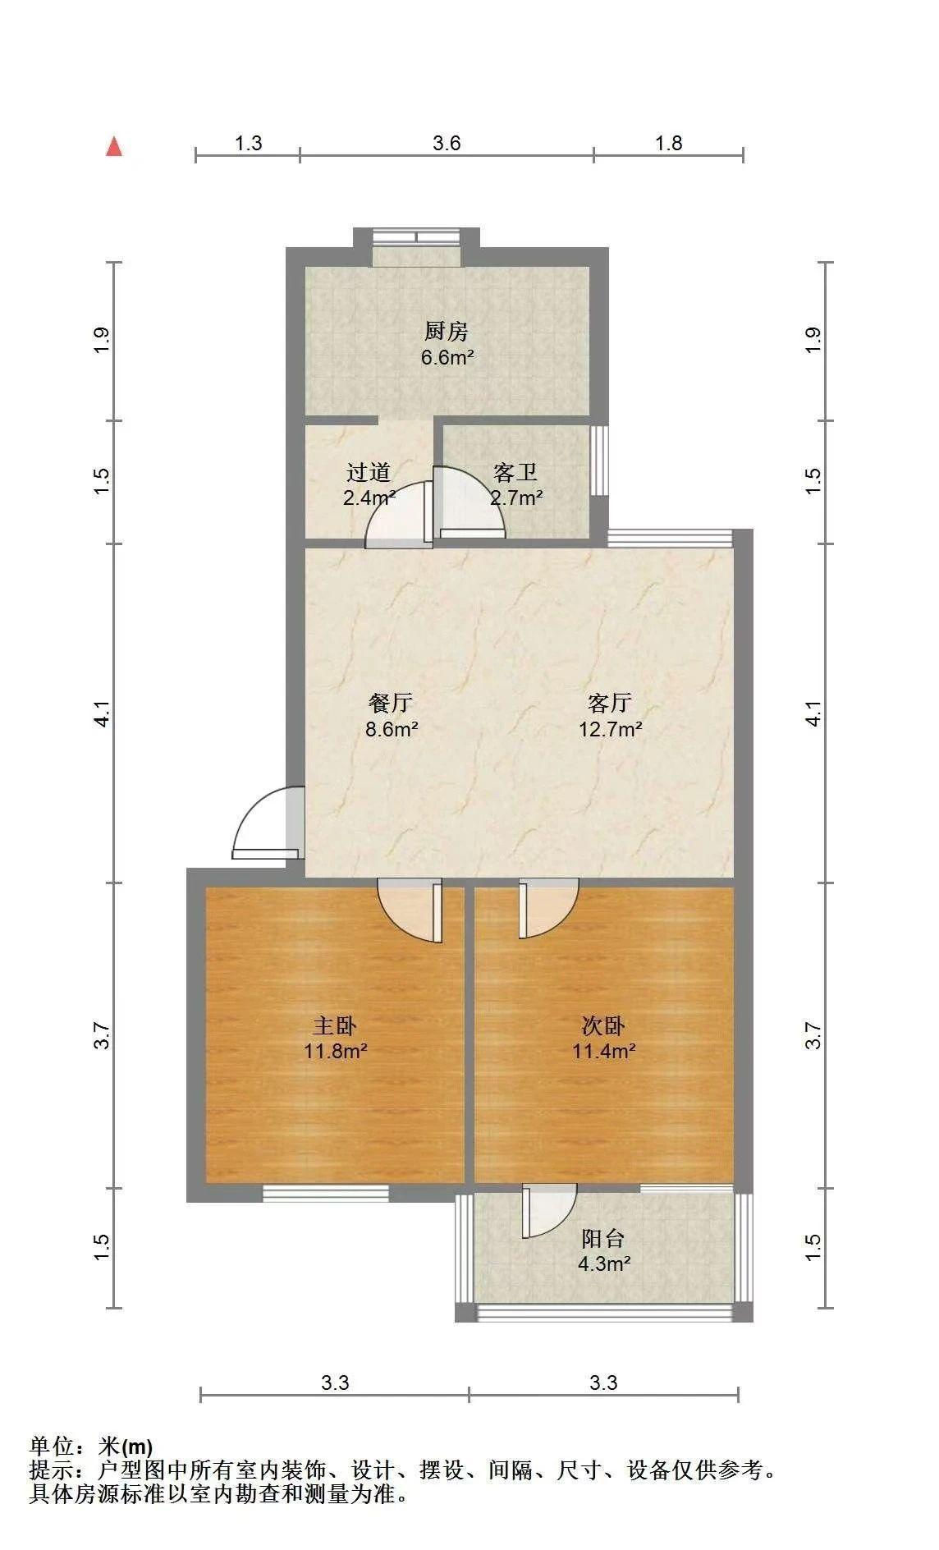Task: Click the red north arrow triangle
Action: pos(114,147)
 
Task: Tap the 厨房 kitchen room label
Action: pos(446,332)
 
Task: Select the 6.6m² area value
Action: pos(447,357)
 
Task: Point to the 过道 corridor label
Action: pos(368,472)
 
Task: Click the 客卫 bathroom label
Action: pos(515,472)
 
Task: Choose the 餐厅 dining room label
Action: pos(391,703)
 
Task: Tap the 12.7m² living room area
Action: pos(610,729)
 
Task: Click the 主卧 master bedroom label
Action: pos(335,1025)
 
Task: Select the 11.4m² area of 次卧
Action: pos(604,1051)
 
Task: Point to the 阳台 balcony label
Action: pos(603,1238)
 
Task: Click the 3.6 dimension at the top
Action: pos(447,143)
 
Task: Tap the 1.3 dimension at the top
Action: pos(248,143)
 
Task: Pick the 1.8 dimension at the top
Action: pos(668,143)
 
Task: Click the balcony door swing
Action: pos(549,1210)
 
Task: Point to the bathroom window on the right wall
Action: pos(600,460)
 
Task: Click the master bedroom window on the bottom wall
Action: pos(325,1193)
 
